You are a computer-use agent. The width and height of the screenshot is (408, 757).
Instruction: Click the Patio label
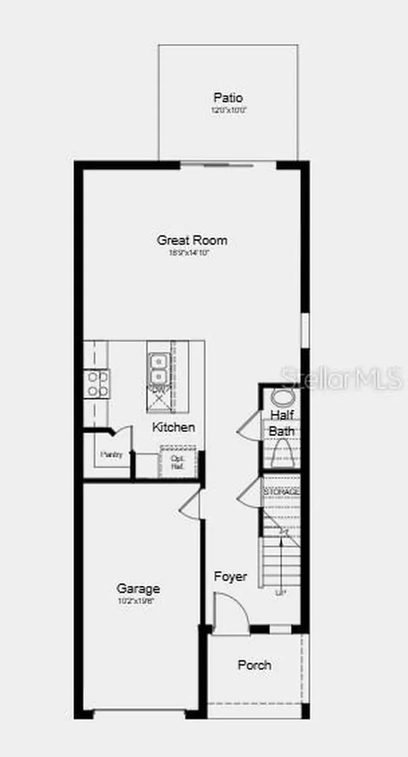[x=228, y=97]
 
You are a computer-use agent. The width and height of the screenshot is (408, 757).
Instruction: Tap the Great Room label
[x=191, y=240]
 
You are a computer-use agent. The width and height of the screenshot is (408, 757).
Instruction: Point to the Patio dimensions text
[x=228, y=110]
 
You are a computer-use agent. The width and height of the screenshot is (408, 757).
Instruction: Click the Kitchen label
[x=174, y=427]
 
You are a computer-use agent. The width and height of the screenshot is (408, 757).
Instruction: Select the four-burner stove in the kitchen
[x=97, y=383]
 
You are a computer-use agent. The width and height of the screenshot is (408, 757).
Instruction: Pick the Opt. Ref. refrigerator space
[x=177, y=462]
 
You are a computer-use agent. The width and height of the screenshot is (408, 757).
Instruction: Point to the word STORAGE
[x=282, y=491]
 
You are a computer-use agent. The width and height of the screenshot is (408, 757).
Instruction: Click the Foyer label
[x=230, y=577]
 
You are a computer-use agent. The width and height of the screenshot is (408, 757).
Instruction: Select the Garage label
[x=138, y=588]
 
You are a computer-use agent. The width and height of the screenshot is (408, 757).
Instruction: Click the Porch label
[x=254, y=665]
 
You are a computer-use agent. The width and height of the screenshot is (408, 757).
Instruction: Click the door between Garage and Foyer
[x=191, y=504]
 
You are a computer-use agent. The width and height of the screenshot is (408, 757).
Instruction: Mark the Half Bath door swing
[x=250, y=427]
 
